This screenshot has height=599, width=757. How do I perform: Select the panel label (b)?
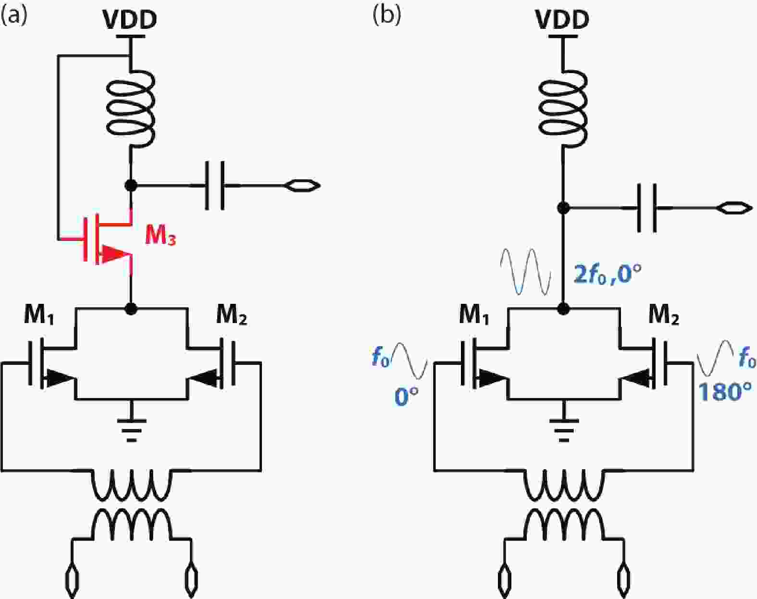pos(386,16)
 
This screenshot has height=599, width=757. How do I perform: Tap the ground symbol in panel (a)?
pos(131,428)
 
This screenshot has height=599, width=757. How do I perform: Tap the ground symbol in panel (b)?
pos(563,428)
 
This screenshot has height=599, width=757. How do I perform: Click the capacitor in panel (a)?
pos(215,186)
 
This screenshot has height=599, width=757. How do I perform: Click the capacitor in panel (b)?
pos(646,208)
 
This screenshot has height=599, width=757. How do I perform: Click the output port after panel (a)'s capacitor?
pos(302,186)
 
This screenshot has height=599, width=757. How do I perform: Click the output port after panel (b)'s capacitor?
pos(734,208)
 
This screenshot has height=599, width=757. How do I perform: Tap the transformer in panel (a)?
pos(131,505)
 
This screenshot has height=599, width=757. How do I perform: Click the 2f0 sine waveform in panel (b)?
pos(525,272)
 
